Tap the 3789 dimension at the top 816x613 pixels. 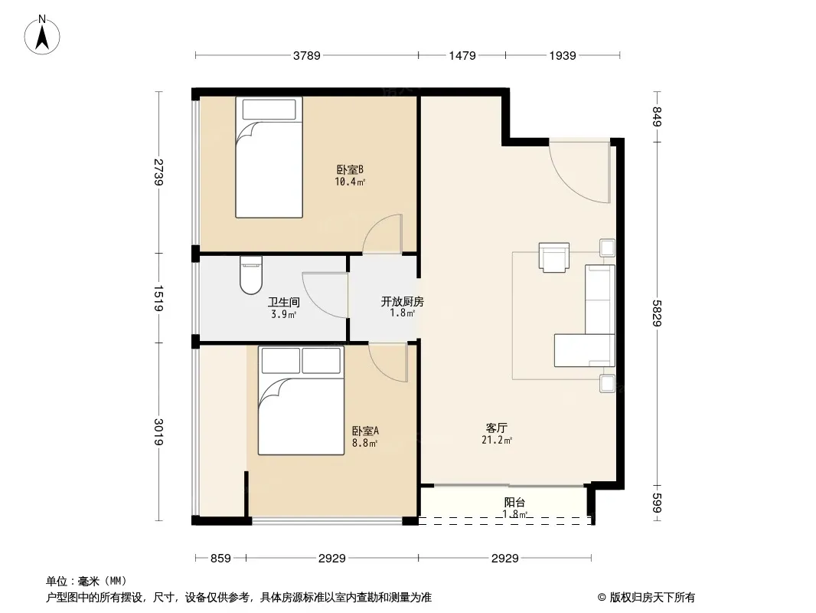coord(306,55)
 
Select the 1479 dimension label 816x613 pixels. coord(462,55)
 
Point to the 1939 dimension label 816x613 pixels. coord(563,55)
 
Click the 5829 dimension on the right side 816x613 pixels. coord(657,313)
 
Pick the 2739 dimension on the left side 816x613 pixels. coord(158,172)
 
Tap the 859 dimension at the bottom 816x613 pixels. coord(220,559)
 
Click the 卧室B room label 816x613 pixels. coord(350,170)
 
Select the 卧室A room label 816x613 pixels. coord(365,431)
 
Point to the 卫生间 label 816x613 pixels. coord(284,302)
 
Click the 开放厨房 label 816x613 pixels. coord(403,302)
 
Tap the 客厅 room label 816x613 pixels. coord(497,428)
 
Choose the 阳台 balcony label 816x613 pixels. coord(514,503)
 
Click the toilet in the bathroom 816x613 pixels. coord(251,276)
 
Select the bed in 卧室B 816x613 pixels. coord(269,157)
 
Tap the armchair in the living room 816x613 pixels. coord(553,257)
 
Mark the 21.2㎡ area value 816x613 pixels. coord(497,441)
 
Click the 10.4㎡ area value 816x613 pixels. coord(350,182)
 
